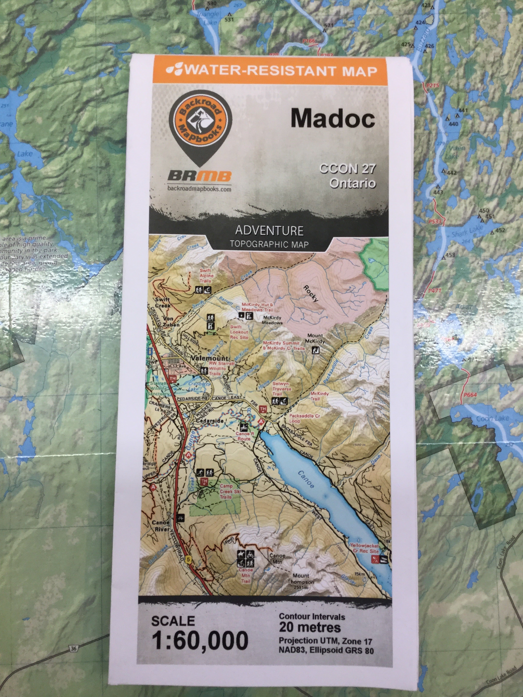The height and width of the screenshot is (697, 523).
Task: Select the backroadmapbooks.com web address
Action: coord(199,189)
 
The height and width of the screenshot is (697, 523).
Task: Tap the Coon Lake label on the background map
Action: coord(492,419)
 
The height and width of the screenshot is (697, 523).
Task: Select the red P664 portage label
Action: coord(470,395)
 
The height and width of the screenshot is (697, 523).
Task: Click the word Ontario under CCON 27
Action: coord(353,183)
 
